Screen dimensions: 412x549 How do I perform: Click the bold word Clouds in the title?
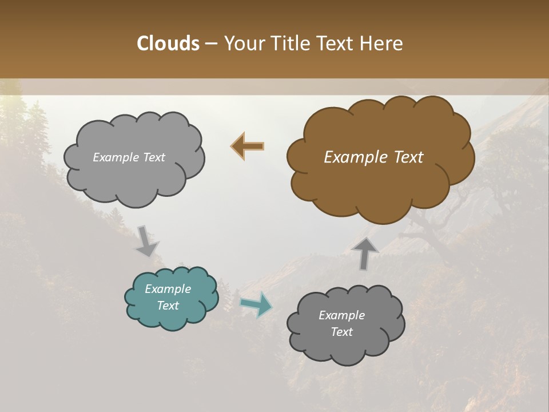(168, 43)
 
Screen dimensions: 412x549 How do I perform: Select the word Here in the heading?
(384, 43)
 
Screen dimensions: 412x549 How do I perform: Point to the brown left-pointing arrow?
(248, 146)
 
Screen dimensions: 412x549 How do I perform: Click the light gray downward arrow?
(146, 241)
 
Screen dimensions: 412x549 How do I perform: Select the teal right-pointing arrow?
(256, 304)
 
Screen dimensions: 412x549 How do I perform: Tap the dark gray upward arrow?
(365, 253)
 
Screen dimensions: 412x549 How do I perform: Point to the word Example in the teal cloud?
(168, 289)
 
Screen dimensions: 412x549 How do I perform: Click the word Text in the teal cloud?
(168, 306)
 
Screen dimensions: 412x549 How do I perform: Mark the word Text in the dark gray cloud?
(341, 332)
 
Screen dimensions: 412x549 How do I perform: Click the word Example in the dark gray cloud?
(341, 315)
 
